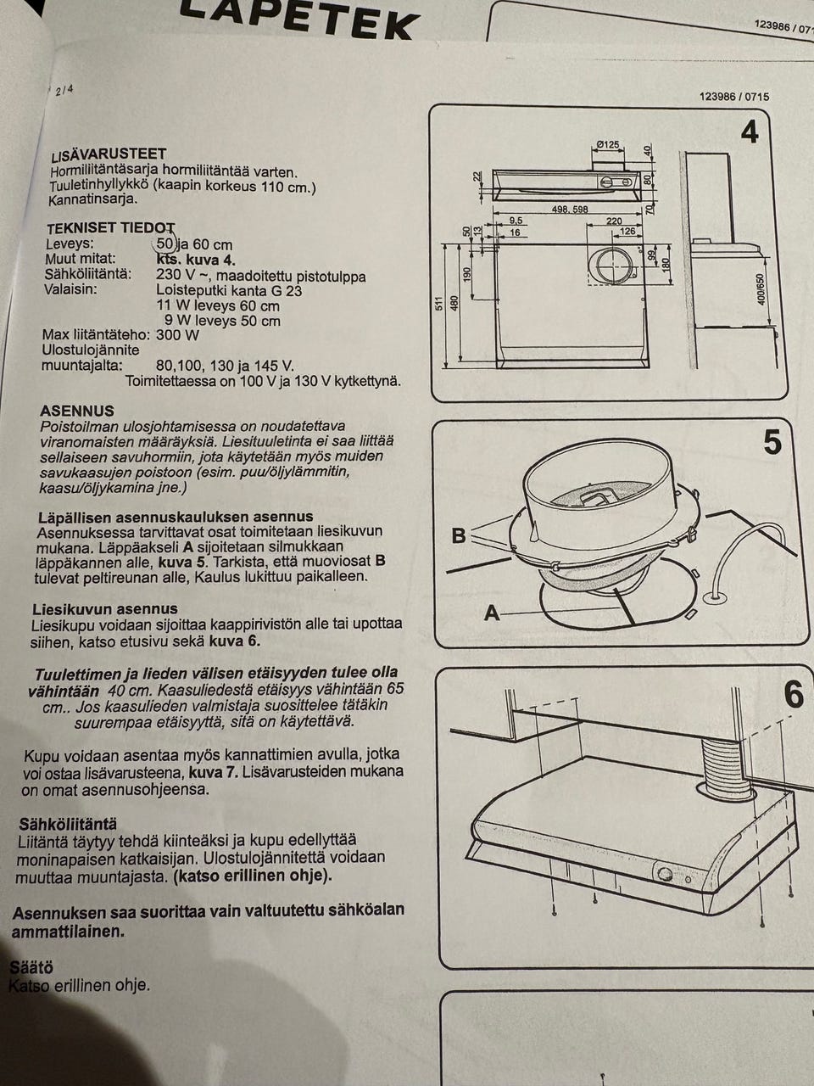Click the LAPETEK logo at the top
[300, 20]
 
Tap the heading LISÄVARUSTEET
[109, 155]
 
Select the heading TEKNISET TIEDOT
[111, 228]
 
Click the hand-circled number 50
[165, 244]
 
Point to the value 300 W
[177, 335]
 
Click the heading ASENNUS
[77, 411]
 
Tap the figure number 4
[750, 132]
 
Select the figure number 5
[772, 442]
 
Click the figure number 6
[794, 695]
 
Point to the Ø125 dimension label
[607, 144]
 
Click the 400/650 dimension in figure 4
[761, 290]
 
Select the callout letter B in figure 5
[459, 535]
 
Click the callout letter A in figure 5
[492, 613]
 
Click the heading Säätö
[31, 967]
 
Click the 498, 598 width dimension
[569, 210]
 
